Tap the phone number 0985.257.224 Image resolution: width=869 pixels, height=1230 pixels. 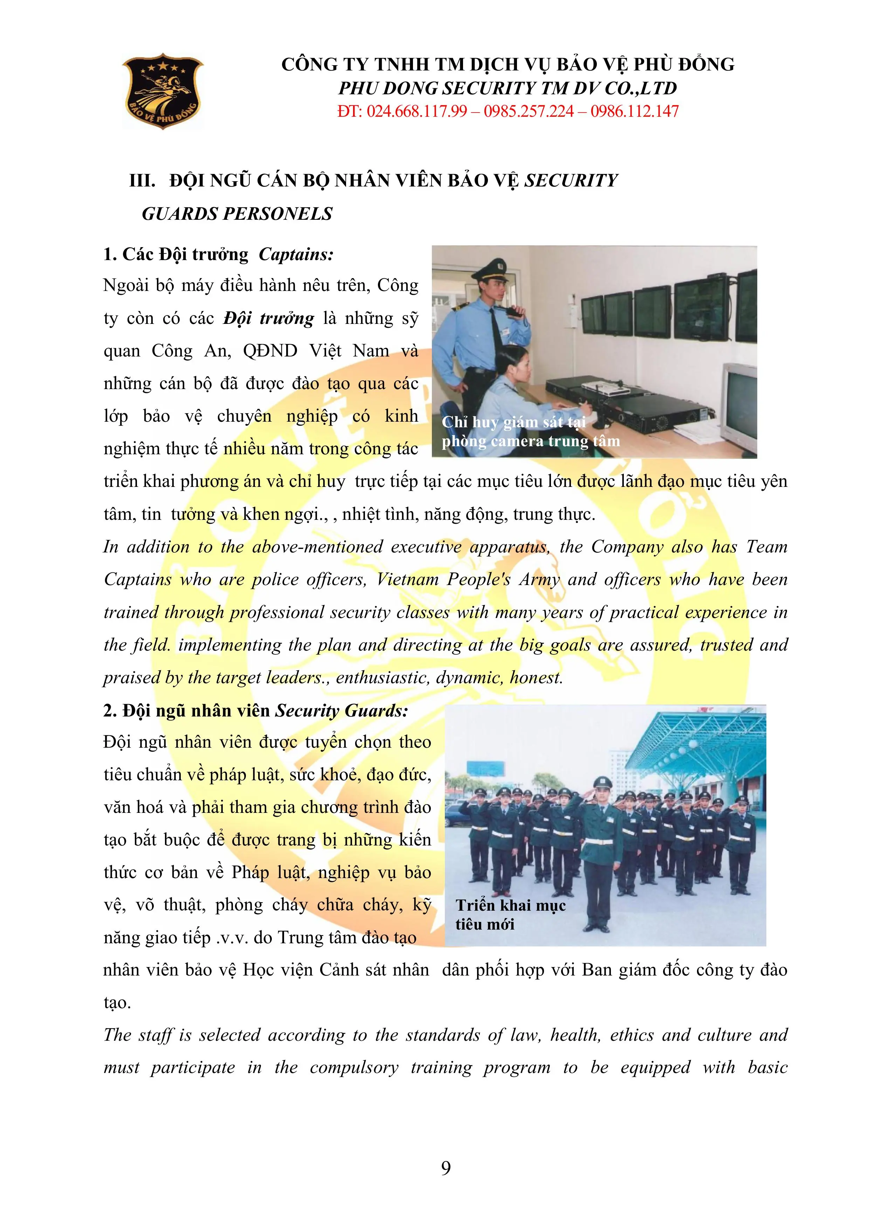click(529, 111)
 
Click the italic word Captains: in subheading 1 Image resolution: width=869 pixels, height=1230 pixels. click(296, 254)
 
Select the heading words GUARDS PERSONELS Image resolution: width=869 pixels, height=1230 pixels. click(237, 214)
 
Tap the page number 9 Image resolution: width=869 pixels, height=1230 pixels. click(446, 1168)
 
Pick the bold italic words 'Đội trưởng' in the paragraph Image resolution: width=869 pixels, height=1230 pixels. click(269, 318)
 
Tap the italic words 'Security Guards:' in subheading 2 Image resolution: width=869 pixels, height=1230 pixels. click(342, 711)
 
